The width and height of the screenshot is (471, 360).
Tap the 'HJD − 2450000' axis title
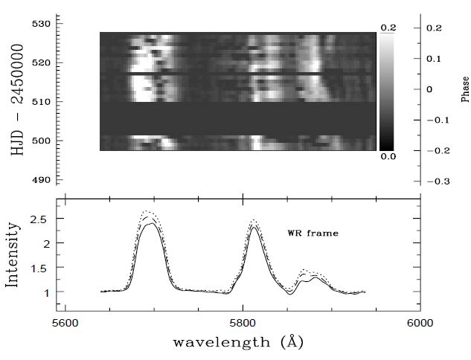17,102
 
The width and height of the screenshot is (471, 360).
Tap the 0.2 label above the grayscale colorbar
388,28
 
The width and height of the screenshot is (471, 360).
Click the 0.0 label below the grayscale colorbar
388,157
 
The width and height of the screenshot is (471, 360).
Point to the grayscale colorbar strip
387,92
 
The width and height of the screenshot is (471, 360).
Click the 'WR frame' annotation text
313,234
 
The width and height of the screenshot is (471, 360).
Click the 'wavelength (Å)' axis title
238,343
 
